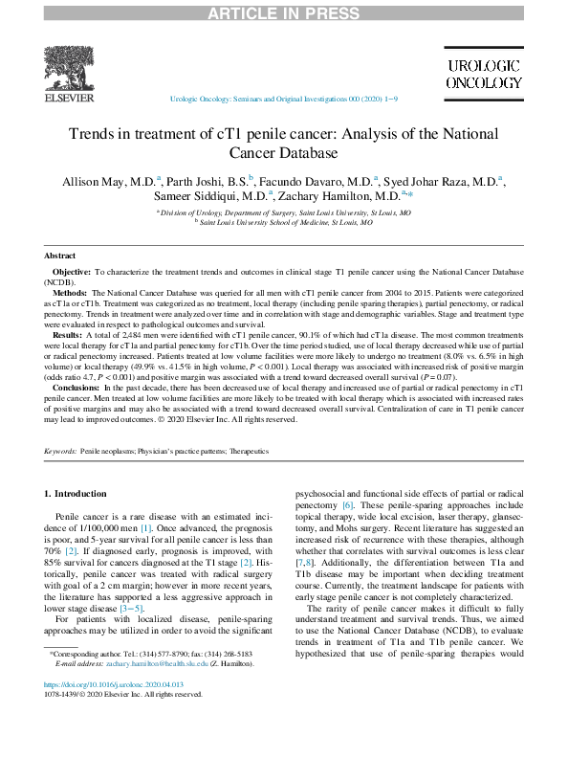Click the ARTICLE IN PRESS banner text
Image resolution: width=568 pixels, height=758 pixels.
pyautogui.click(x=284, y=11)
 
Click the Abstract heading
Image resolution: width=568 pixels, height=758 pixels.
pyautogui.click(x=62, y=256)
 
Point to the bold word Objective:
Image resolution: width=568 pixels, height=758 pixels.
pyautogui.click(x=73, y=273)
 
